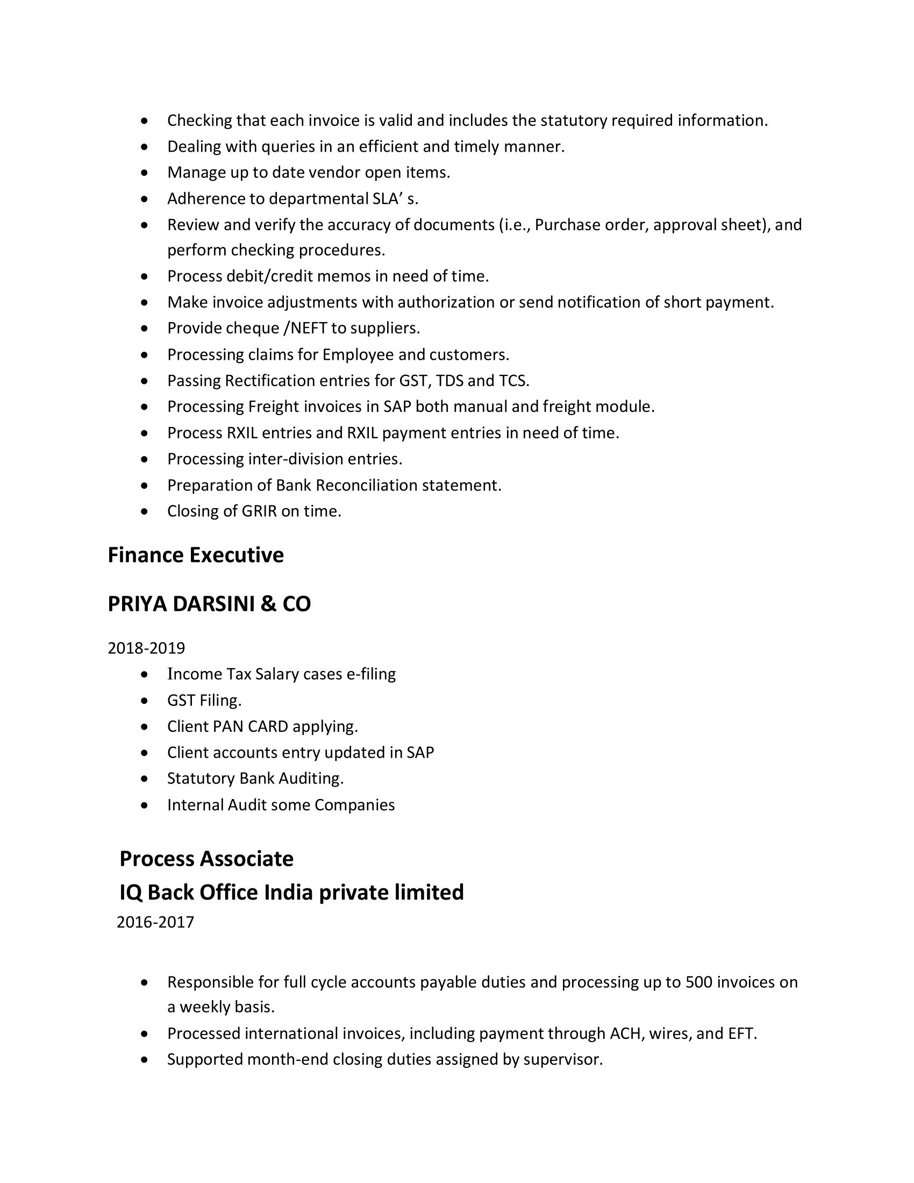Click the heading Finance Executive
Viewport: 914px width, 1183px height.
point(196,555)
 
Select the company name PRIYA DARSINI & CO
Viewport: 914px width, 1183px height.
point(209,604)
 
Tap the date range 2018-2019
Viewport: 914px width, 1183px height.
point(146,648)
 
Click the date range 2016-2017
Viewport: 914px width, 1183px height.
point(155,922)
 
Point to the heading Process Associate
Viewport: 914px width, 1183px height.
point(206,859)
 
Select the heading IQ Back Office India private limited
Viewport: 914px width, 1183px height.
point(291,892)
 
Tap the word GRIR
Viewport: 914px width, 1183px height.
point(259,511)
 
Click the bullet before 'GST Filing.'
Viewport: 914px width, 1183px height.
point(144,701)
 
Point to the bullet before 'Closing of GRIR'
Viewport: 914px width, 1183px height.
point(144,511)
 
